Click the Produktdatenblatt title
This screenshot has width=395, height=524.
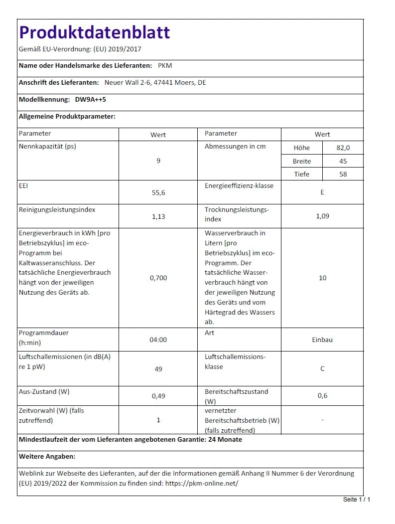click(95, 32)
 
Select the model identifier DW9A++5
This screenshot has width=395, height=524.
click(91, 100)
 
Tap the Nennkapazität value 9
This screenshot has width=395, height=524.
click(158, 161)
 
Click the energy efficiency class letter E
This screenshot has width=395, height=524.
click(322, 192)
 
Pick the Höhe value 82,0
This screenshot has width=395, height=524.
click(343, 148)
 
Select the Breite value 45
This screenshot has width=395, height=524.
click(343, 162)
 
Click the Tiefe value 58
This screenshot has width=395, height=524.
click(343, 175)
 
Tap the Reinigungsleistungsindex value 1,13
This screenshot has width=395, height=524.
click(158, 217)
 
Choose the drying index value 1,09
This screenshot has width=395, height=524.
click(322, 216)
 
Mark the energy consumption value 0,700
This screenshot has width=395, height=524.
click(158, 278)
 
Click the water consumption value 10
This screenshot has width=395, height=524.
click(322, 278)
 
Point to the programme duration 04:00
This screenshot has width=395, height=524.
click(158, 340)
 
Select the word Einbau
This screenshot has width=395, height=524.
click(322, 340)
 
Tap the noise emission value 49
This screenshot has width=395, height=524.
click(158, 369)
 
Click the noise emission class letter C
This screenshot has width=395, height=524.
click(322, 369)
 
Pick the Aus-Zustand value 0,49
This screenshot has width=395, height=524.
click(158, 396)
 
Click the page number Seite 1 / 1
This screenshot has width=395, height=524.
click(357, 500)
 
